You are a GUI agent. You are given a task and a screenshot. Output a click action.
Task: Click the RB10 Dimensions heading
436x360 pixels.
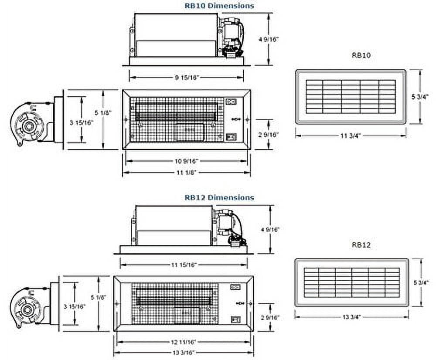pos(219,6)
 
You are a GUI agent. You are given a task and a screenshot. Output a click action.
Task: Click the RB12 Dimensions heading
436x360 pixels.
pos(219,198)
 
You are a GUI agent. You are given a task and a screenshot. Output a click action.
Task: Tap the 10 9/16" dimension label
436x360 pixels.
pos(186,161)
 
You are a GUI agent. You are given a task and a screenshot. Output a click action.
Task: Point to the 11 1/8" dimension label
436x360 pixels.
pos(187,172)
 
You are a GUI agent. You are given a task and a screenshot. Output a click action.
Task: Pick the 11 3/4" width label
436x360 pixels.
pos(351,136)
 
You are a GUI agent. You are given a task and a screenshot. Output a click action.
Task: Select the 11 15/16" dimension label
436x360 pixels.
pos(184,265)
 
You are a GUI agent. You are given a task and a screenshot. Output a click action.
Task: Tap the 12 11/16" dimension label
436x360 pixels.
pos(184,342)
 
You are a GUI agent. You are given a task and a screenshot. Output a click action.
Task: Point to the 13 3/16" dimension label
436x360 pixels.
pos(184,353)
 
